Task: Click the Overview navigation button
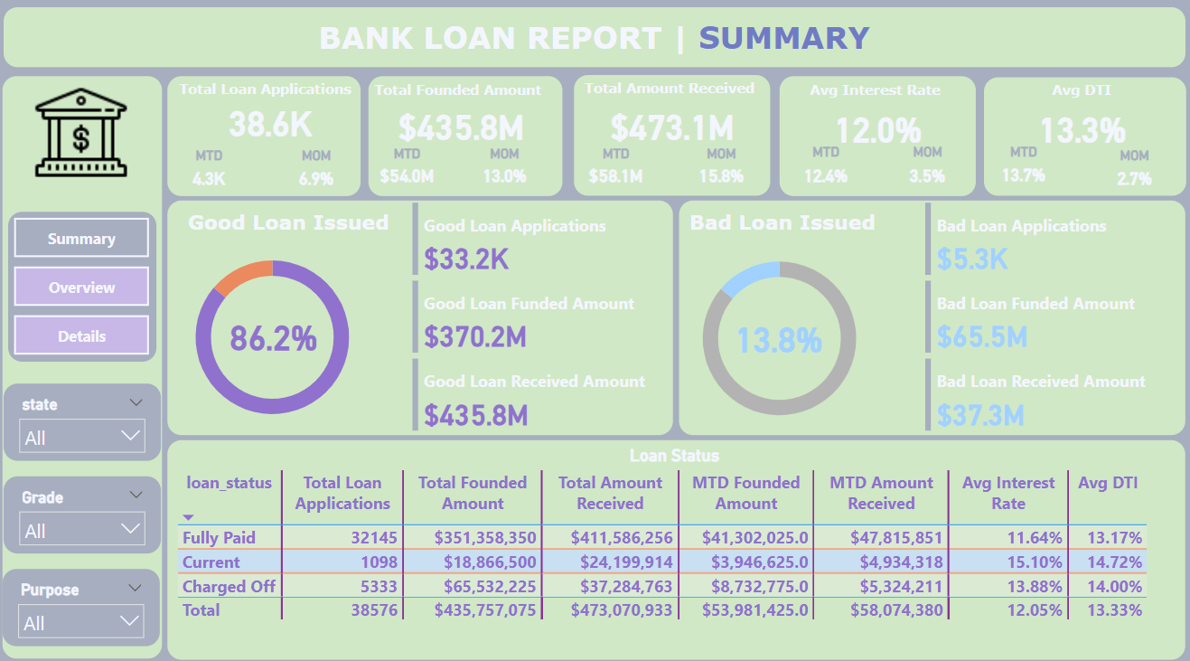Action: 81,288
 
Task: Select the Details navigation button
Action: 81,336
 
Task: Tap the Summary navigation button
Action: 81,239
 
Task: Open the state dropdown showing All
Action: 82,438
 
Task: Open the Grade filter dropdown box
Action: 82,530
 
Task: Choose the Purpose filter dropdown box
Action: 82,622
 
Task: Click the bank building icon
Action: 81,132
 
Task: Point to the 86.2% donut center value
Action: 273,338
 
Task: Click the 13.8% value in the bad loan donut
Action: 779,341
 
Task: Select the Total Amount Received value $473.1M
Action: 671,127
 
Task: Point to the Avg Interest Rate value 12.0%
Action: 877,131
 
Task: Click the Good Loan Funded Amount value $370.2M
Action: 475,337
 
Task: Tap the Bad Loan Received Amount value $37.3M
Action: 980,415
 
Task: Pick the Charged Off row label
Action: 229,586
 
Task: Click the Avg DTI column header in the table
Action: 1107,483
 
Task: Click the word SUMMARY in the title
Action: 783,39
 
